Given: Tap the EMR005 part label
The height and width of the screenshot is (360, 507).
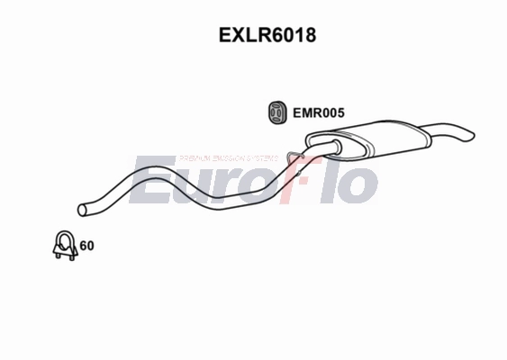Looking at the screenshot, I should coord(319,114).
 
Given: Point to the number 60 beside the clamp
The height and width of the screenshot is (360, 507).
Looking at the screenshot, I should coord(87,245).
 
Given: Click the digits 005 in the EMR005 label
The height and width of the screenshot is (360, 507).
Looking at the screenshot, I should coord(333,114).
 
